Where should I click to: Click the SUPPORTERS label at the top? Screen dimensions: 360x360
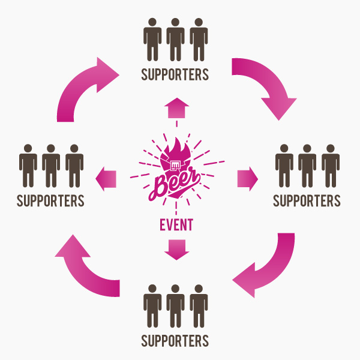(175, 75)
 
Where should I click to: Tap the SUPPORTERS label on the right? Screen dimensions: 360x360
(307, 200)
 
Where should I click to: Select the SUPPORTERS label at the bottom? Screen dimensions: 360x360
(175, 341)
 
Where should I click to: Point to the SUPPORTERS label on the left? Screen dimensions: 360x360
(50, 200)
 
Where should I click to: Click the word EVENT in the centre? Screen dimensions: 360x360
(176, 226)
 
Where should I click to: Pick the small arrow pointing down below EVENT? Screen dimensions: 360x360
(176, 248)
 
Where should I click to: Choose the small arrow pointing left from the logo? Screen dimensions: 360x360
(106, 178)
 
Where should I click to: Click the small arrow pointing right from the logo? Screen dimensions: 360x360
(247, 178)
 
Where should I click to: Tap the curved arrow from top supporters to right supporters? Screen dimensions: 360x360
(268, 84)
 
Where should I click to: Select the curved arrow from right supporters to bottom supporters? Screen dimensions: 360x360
(268, 267)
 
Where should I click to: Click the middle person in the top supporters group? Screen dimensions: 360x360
(175, 40)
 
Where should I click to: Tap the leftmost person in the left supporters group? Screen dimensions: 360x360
(28, 164)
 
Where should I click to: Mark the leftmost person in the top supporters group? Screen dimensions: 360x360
(152, 40)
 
